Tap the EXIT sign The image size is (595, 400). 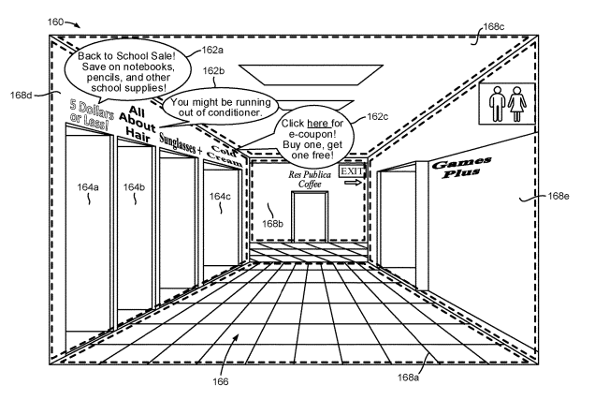pos(351,171)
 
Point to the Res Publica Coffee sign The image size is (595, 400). pos(309,179)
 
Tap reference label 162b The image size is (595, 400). pos(214,71)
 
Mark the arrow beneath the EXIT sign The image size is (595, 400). pos(352,184)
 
